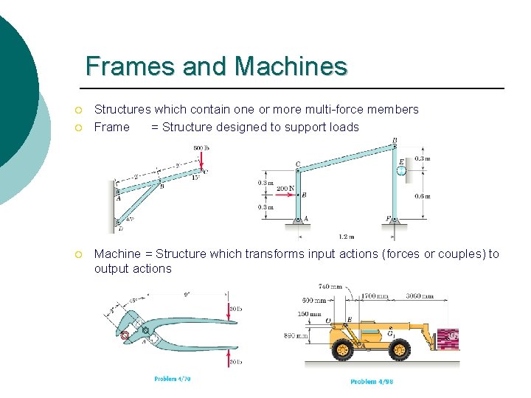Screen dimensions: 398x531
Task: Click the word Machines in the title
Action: [x=291, y=66]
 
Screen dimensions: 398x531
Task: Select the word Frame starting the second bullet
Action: [x=111, y=127]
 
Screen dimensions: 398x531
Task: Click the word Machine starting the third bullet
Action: [x=117, y=254]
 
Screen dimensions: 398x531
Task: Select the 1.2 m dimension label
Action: [x=346, y=237]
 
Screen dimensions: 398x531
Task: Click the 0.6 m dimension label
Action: [x=423, y=196]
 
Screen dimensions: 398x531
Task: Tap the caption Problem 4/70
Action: [x=173, y=379]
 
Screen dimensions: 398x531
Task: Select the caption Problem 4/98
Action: [x=371, y=382]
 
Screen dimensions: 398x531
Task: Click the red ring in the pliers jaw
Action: [x=125, y=336]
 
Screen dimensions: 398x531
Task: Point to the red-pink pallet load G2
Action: [x=448, y=338]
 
